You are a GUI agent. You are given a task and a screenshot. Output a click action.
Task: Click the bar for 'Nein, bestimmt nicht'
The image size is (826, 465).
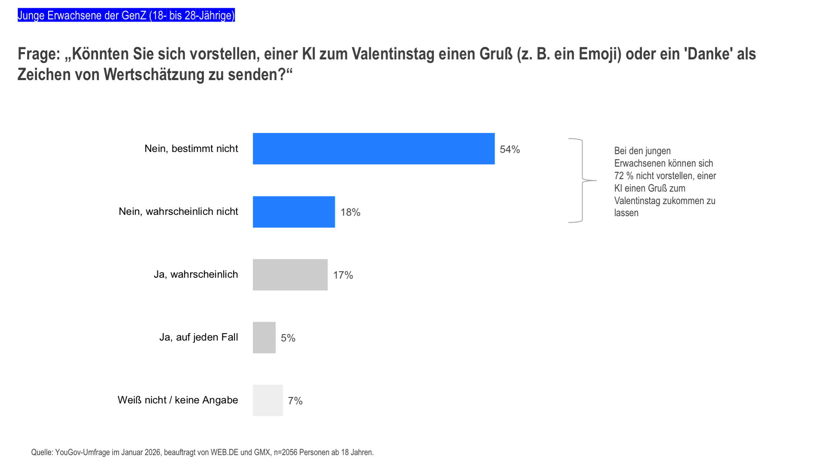[x=373, y=149]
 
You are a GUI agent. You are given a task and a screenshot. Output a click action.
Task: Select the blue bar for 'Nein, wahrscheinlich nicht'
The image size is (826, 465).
[x=294, y=212]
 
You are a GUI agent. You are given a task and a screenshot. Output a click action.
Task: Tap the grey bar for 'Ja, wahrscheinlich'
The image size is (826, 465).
[x=290, y=275]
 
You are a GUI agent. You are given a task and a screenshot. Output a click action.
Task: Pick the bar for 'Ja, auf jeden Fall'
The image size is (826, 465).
[x=264, y=338]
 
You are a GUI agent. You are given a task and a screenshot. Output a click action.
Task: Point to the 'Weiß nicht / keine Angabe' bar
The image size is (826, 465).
[x=268, y=400]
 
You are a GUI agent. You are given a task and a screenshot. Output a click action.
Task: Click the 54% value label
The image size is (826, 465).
[x=510, y=149]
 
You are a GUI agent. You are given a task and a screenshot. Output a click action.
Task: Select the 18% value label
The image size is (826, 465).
[x=350, y=212]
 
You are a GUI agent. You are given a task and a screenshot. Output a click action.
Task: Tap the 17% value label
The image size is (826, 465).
[x=343, y=275]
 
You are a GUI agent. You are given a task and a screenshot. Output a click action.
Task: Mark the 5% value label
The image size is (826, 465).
[x=288, y=338]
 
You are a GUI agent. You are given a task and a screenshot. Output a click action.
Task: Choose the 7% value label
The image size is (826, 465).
[x=295, y=401]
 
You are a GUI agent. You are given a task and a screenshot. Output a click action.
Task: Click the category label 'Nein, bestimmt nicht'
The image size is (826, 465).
[x=191, y=149]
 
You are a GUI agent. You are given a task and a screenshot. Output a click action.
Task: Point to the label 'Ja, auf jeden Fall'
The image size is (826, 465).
[x=198, y=337]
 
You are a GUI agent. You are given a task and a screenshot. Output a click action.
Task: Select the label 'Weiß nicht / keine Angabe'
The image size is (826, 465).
[x=178, y=400]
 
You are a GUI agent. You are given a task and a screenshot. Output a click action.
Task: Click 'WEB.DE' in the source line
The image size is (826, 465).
[x=224, y=453]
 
